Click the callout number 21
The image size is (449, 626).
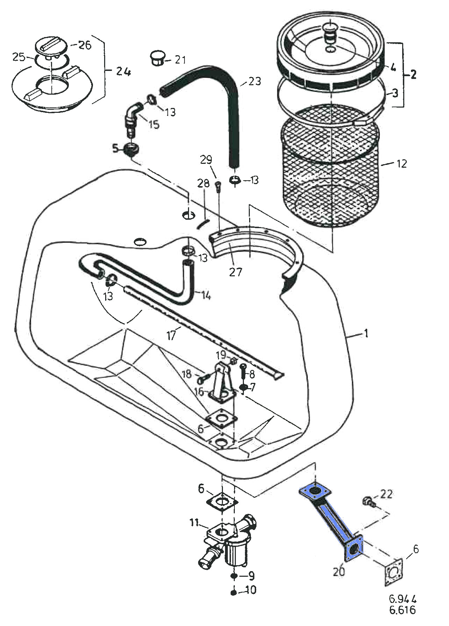(180, 60)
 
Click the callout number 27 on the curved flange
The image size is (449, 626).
(235, 271)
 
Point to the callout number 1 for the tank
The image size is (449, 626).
(366, 334)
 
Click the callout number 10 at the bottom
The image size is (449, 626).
(250, 590)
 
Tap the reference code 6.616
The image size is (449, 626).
(403, 610)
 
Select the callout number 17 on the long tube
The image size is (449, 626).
(171, 336)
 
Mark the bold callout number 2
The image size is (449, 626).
(413, 74)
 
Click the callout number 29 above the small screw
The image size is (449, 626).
(206, 160)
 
